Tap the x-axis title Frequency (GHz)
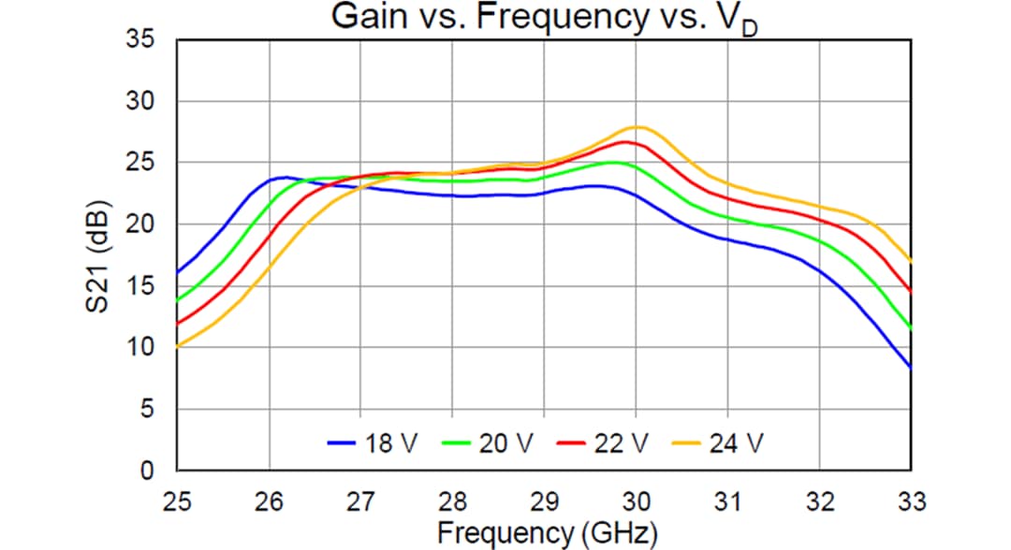click(x=547, y=532)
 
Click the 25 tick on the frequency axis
click(x=177, y=500)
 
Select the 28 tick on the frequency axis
click(x=452, y=500)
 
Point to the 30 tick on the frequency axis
click(x=636, y=500)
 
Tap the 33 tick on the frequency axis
click(x=910, y=500)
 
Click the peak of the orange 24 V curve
click(x=637, y=126)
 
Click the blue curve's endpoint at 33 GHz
click(x=910, y=368)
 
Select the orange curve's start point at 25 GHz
click(x=178, y=346)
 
